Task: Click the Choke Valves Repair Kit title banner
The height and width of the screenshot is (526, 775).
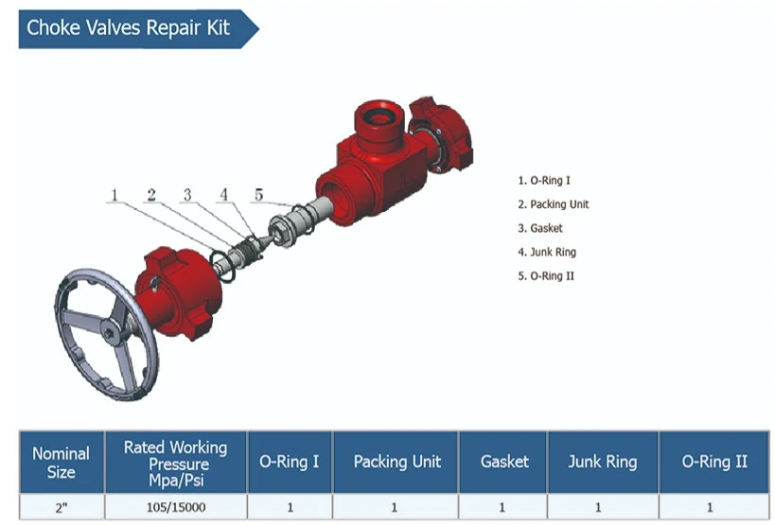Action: coord(138,28)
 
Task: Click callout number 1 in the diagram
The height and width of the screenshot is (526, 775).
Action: coord(114,195)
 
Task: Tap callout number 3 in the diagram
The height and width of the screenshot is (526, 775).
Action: coord(187,195)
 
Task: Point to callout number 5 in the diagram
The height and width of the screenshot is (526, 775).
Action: coord(259,195)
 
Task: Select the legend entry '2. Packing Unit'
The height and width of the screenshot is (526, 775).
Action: coord(553,204)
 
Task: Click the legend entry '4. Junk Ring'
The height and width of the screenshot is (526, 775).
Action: coord(547,253)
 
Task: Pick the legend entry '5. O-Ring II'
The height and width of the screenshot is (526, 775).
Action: coord(546,276)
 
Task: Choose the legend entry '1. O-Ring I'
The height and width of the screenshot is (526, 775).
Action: coord(544,181)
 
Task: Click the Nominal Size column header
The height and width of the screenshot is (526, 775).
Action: coord(62,463)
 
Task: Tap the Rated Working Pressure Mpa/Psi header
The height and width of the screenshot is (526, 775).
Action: coord(176,463)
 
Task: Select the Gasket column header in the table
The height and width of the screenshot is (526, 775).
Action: coord(503,463)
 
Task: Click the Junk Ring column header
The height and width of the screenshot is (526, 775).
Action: coord(603,463)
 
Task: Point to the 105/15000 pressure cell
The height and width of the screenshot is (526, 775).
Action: coord(176,507)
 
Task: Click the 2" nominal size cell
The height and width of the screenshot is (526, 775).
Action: coord(62,507)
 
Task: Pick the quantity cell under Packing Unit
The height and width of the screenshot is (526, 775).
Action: coord(395,507)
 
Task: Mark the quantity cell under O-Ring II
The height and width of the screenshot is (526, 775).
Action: coord(714,507)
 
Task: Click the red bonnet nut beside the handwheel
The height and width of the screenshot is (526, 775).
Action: coord(178,292)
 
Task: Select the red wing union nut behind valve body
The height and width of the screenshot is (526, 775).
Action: coord(442,133)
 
